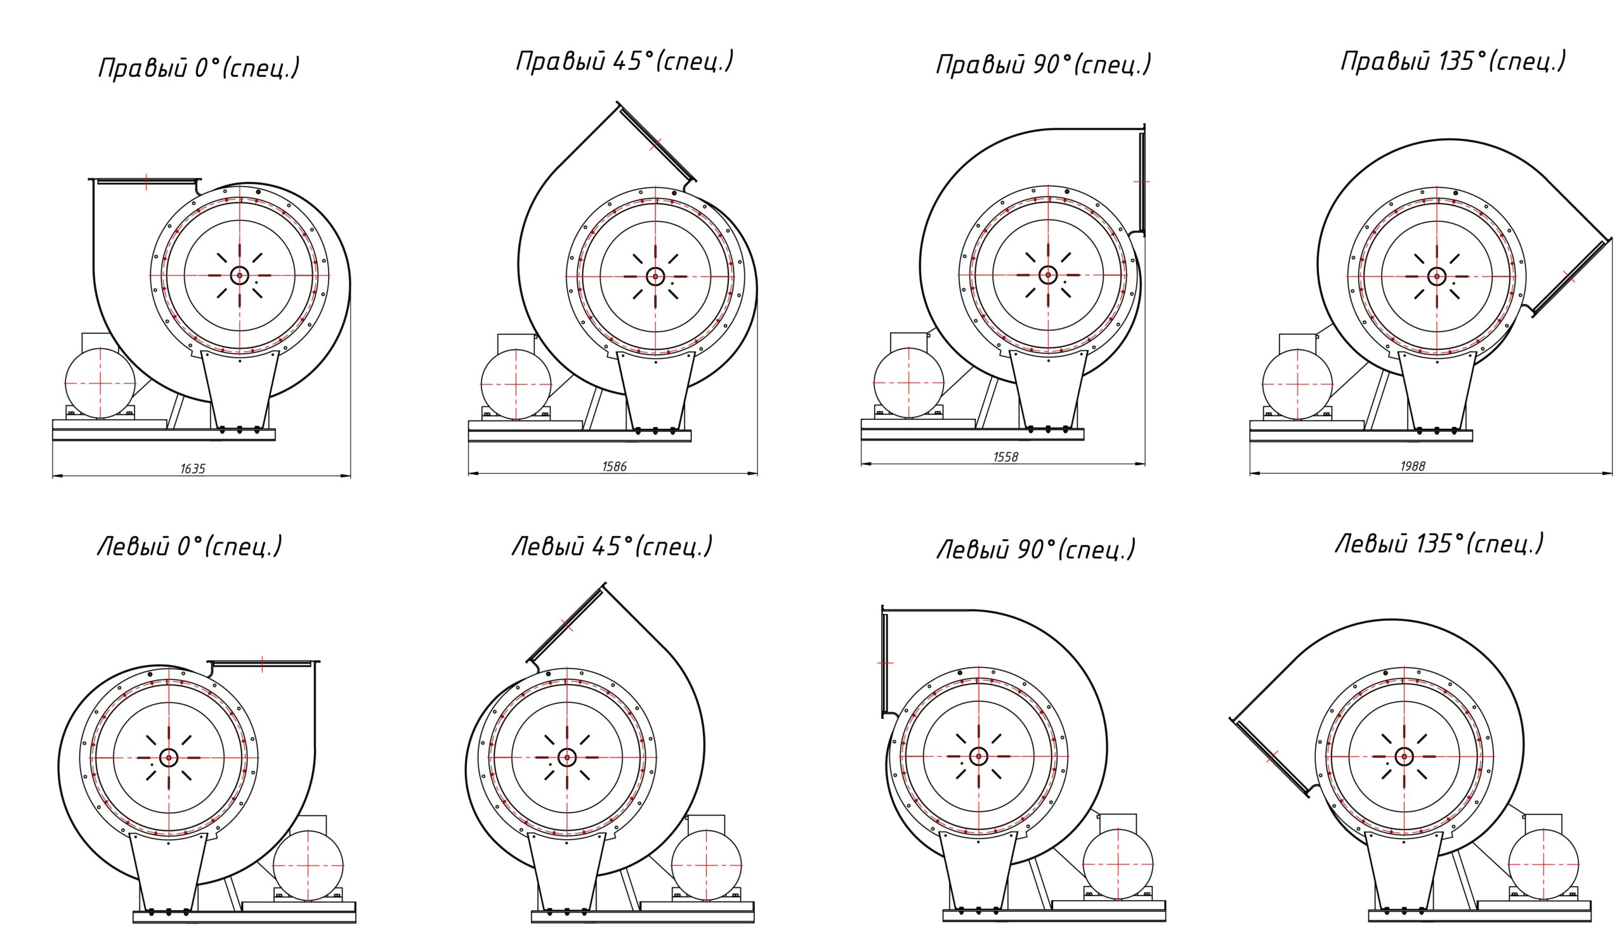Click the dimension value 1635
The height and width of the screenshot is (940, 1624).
pos(193,469)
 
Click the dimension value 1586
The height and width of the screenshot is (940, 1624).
pos(614,466)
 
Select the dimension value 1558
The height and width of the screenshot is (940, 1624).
pos(1005,457)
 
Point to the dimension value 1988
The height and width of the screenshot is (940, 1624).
pos(1413,466)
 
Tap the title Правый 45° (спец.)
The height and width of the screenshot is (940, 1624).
pos(625,61)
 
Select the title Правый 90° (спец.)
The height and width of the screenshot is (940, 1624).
pos(1044,65)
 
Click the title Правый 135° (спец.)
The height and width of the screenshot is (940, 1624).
pos(1453,61)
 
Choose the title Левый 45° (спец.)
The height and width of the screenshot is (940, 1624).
pos(613,546)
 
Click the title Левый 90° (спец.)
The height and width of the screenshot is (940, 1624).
pos(1036,549)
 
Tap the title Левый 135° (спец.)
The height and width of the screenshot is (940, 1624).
pos(1439,544)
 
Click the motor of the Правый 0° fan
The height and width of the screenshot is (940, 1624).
pos(100,383)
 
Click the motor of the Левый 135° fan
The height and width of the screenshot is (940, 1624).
pos(1543,865)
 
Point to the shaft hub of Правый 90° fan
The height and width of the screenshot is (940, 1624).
pos(1048,275)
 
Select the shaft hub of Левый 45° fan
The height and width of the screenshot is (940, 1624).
pos(567,757)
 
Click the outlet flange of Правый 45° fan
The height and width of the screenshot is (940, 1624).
pos(656,143)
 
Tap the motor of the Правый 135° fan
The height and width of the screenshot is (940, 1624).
pos(1297,384)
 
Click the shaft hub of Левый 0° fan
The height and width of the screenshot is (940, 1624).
pos(169,758)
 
